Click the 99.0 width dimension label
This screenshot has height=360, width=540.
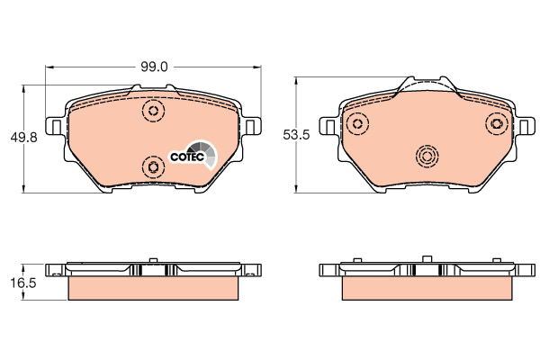154,67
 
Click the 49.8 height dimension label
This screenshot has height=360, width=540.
23,138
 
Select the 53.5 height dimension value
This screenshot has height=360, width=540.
296,135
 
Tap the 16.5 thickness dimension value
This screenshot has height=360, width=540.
23,283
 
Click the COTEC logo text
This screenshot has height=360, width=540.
187,157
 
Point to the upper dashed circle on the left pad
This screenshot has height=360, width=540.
153,111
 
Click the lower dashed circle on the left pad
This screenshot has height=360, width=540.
153,167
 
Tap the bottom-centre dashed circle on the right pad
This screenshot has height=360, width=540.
427,157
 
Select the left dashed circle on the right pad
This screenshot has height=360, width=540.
358,123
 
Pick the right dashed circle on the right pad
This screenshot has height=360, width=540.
497,123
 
